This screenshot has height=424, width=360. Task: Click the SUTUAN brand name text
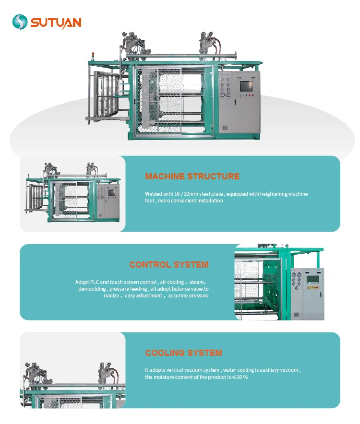(x=56, y=22)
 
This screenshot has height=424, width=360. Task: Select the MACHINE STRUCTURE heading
(x=192, y=177)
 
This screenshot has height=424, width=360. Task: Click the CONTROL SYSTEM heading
(x=168, y=265)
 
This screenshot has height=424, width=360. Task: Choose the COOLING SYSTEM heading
(x=183, y=353)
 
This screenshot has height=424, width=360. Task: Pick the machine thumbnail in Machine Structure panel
(x=72, y=194)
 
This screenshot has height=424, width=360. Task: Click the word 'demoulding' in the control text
(x=93, y=289)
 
